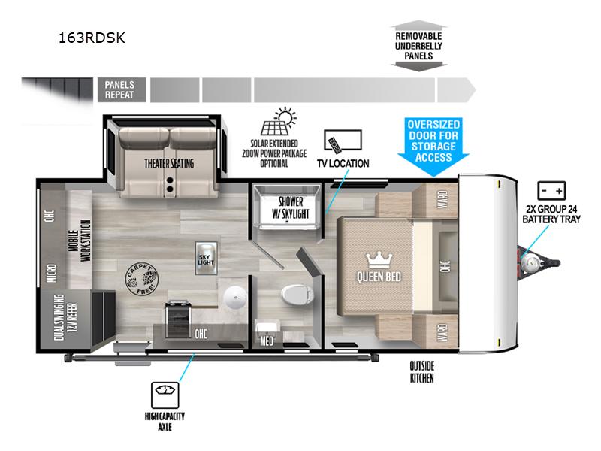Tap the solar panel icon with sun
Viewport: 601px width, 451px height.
[279, 122]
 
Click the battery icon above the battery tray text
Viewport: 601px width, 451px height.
[551, 189]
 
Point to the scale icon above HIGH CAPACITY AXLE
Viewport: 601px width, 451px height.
[163, 392]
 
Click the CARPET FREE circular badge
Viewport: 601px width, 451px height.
[141, 280]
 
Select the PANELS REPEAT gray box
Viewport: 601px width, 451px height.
[120, 90]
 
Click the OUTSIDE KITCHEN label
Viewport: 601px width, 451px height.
[422, 372]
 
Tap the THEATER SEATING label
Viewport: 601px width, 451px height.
[169, 163]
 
